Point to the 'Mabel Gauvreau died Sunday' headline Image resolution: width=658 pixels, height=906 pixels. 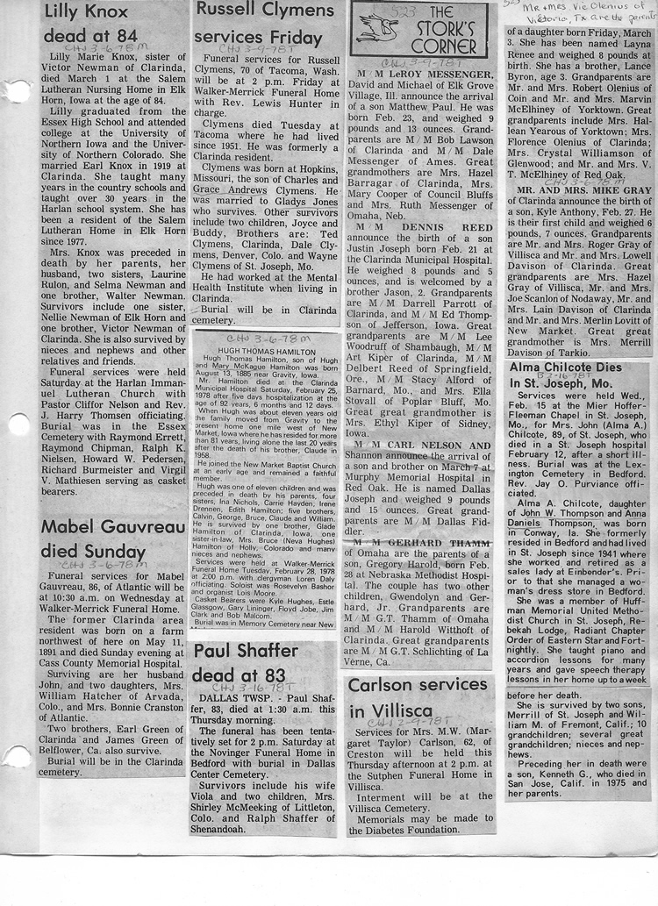[x=98, y=539]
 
